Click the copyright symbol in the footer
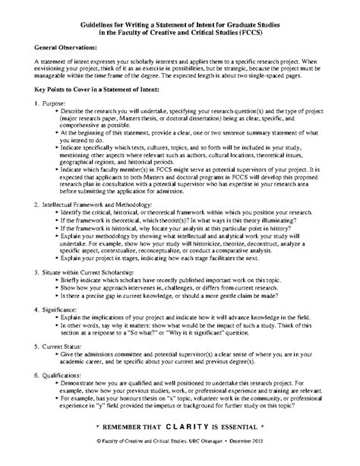tap(100, 452)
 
